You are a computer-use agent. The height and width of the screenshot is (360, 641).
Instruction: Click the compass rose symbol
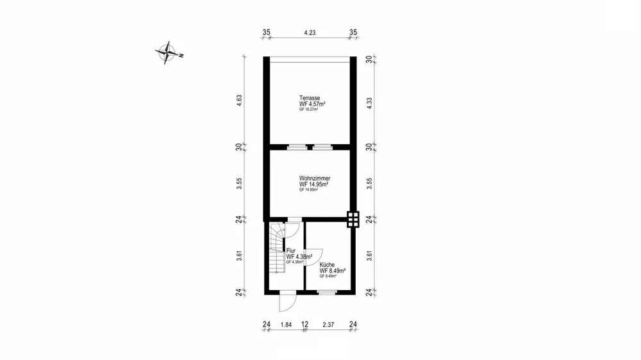tap(168, 53)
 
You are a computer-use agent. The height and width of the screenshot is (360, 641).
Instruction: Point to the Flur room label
tap(290, 250)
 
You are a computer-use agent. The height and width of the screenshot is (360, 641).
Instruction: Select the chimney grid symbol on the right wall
tap(352, 219)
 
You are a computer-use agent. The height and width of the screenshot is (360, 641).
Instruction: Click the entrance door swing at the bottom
tap(288, 302)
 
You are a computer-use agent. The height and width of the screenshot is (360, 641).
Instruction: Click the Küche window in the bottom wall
tap(328, 292)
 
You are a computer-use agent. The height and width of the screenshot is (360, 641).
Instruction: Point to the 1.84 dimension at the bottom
tap(286, 325)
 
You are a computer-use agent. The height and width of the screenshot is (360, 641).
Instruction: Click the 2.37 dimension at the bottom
tap(329, 325)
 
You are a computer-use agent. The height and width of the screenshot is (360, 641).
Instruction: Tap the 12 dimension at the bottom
tap(305, 325)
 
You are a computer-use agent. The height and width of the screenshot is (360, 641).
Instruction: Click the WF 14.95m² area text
tap(315, 184)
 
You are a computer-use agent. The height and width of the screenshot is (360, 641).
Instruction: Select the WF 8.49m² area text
tap(333, 270)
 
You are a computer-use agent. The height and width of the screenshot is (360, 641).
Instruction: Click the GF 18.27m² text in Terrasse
tap(308, 110)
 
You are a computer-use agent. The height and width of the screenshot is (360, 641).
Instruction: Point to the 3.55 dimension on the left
tap(238, 183)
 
